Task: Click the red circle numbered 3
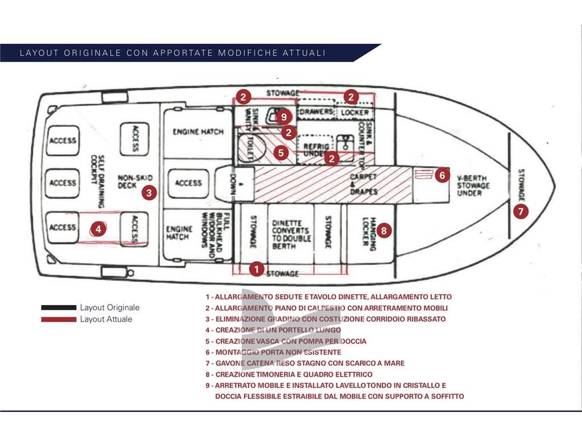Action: [x=148, y=192]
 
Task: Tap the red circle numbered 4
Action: [x=98, y=229]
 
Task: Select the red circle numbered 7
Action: [x=521, y=211]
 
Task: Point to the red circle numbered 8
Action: [x=384, y=230]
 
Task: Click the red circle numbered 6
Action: [x=443, y=175]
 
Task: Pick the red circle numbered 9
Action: [x=284, y=116]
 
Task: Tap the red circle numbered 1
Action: [x=257, y=269]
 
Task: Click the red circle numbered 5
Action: [x=280, y=152]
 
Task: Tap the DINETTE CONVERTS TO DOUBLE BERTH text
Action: [x=291, y=234]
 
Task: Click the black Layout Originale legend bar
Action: [x=59, y=308]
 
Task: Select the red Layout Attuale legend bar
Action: [x=59, y=319]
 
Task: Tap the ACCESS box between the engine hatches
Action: [x=188, y=183]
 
